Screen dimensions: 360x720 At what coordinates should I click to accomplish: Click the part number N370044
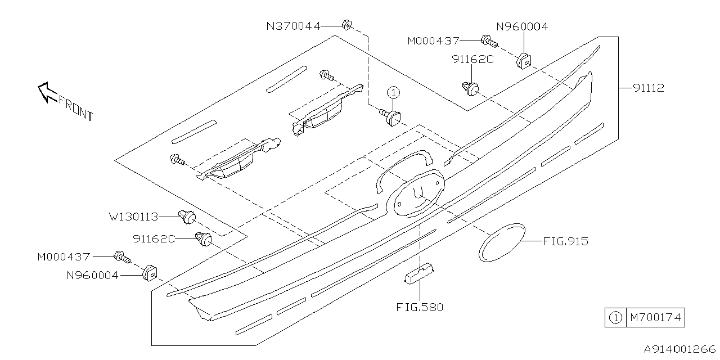294,25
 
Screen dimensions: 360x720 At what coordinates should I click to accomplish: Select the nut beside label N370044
346,25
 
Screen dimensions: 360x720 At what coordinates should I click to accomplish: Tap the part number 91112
648,88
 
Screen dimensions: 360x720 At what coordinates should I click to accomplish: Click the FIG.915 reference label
565,241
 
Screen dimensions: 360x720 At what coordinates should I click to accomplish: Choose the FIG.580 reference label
420,307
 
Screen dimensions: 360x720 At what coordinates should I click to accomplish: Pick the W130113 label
134,217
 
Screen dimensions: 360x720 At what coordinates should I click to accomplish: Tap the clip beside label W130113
188,215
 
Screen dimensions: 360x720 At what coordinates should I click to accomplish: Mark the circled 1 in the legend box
615,318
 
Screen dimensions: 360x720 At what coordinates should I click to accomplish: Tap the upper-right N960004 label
521,26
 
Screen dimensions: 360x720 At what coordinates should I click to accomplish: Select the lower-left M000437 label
64,256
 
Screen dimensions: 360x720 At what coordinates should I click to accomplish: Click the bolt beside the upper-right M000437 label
488,40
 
